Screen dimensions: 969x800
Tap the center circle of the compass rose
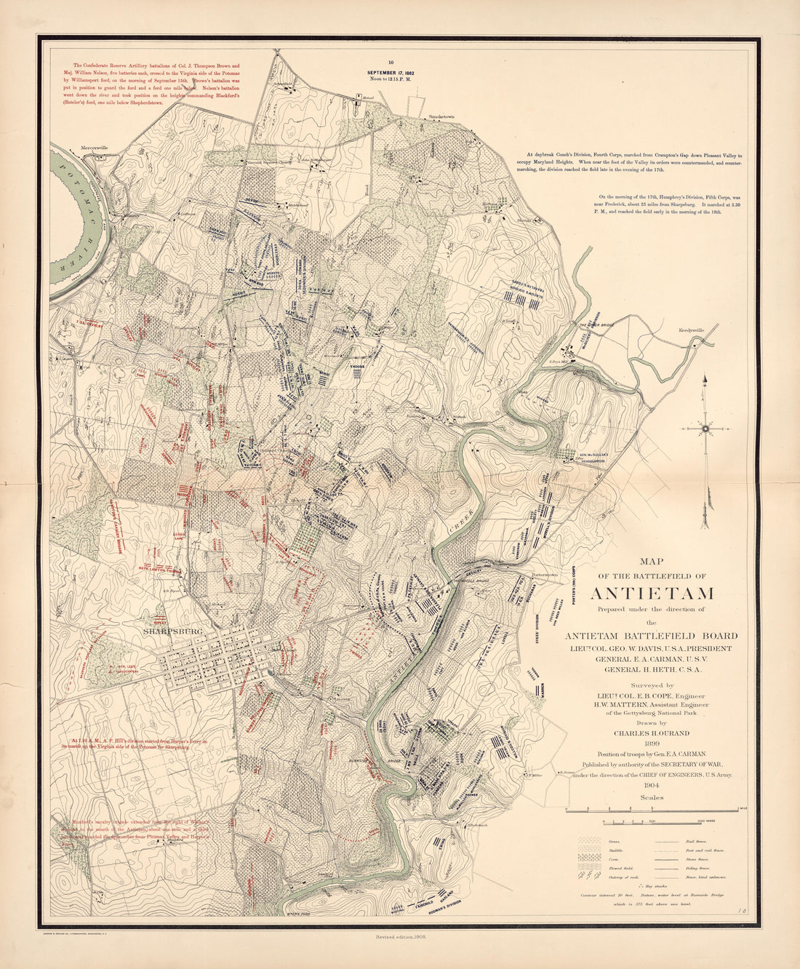[705, 430]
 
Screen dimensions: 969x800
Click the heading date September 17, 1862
[391, 73]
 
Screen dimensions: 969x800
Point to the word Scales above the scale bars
[652, 797]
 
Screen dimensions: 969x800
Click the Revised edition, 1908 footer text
[400, 958]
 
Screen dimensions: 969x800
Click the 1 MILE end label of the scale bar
[743, 809]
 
